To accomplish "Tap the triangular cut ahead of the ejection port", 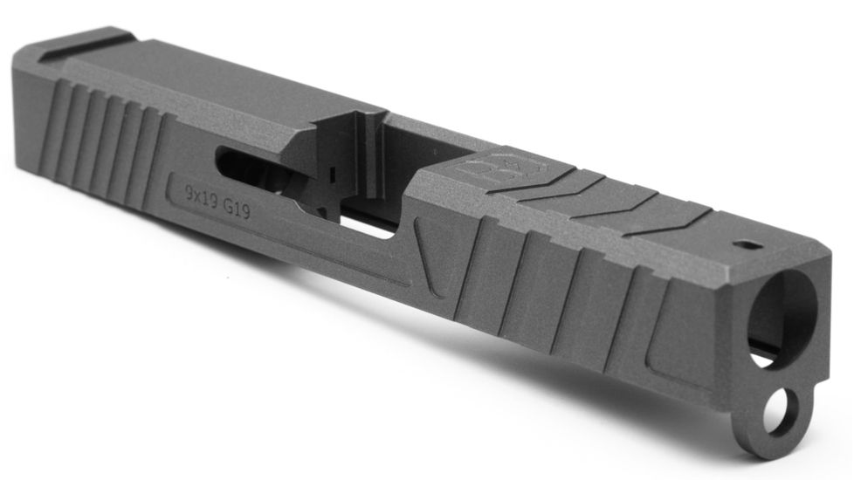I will (436, 253).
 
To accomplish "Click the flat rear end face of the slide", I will (26, 113).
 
